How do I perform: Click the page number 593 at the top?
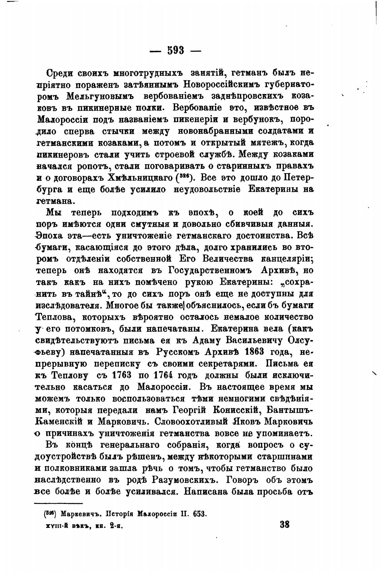[x=175, y=51]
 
